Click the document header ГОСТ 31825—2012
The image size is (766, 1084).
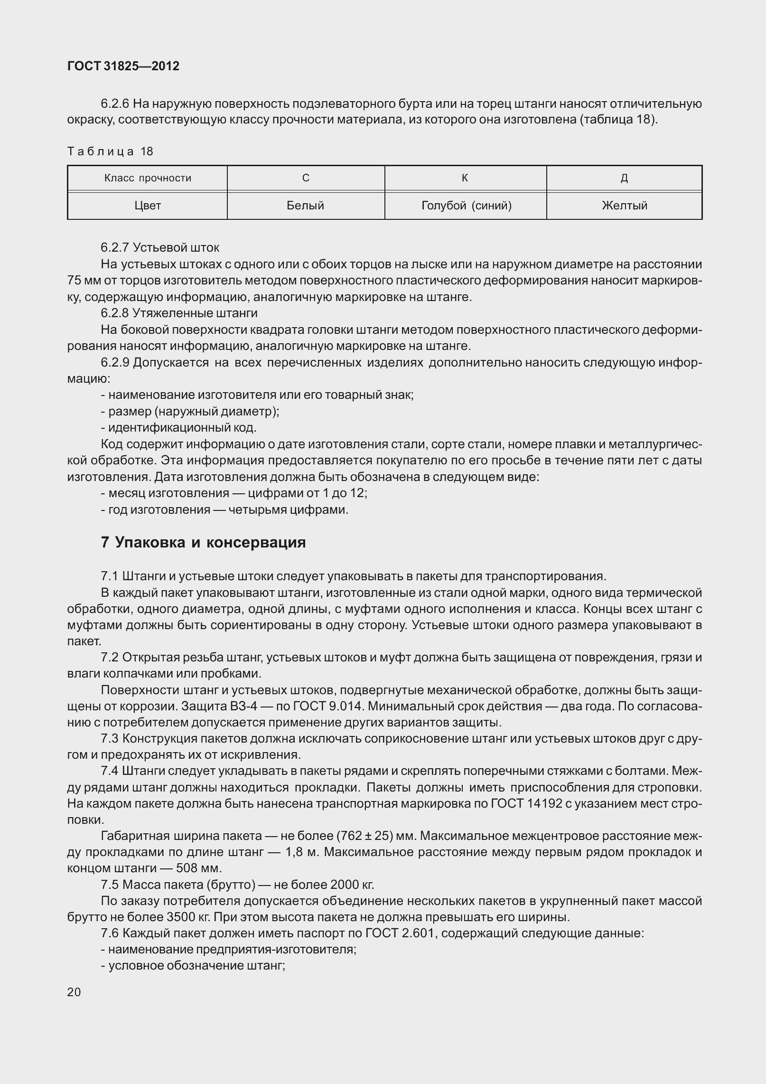click(123, 66)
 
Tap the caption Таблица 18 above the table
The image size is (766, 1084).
click(110, 151)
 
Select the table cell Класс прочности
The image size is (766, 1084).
click(148, 179)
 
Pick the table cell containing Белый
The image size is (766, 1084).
click(306, 206)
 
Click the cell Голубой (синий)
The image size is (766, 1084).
click(466, 206)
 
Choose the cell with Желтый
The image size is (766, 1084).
click(625, 206)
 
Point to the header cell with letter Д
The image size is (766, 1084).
click(625, 179)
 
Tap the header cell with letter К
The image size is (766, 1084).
click(465, 178)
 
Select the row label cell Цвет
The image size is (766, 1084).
click(148, 206)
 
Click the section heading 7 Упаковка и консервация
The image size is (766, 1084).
click(203, 543)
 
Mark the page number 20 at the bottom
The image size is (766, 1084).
click(74, 992)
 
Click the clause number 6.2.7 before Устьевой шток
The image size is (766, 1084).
click(114, 248)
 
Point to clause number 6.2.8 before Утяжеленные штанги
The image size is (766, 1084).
click(114, 313)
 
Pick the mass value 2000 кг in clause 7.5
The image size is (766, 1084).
click(352, 885)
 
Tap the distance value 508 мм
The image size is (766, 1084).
click(198, 868)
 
